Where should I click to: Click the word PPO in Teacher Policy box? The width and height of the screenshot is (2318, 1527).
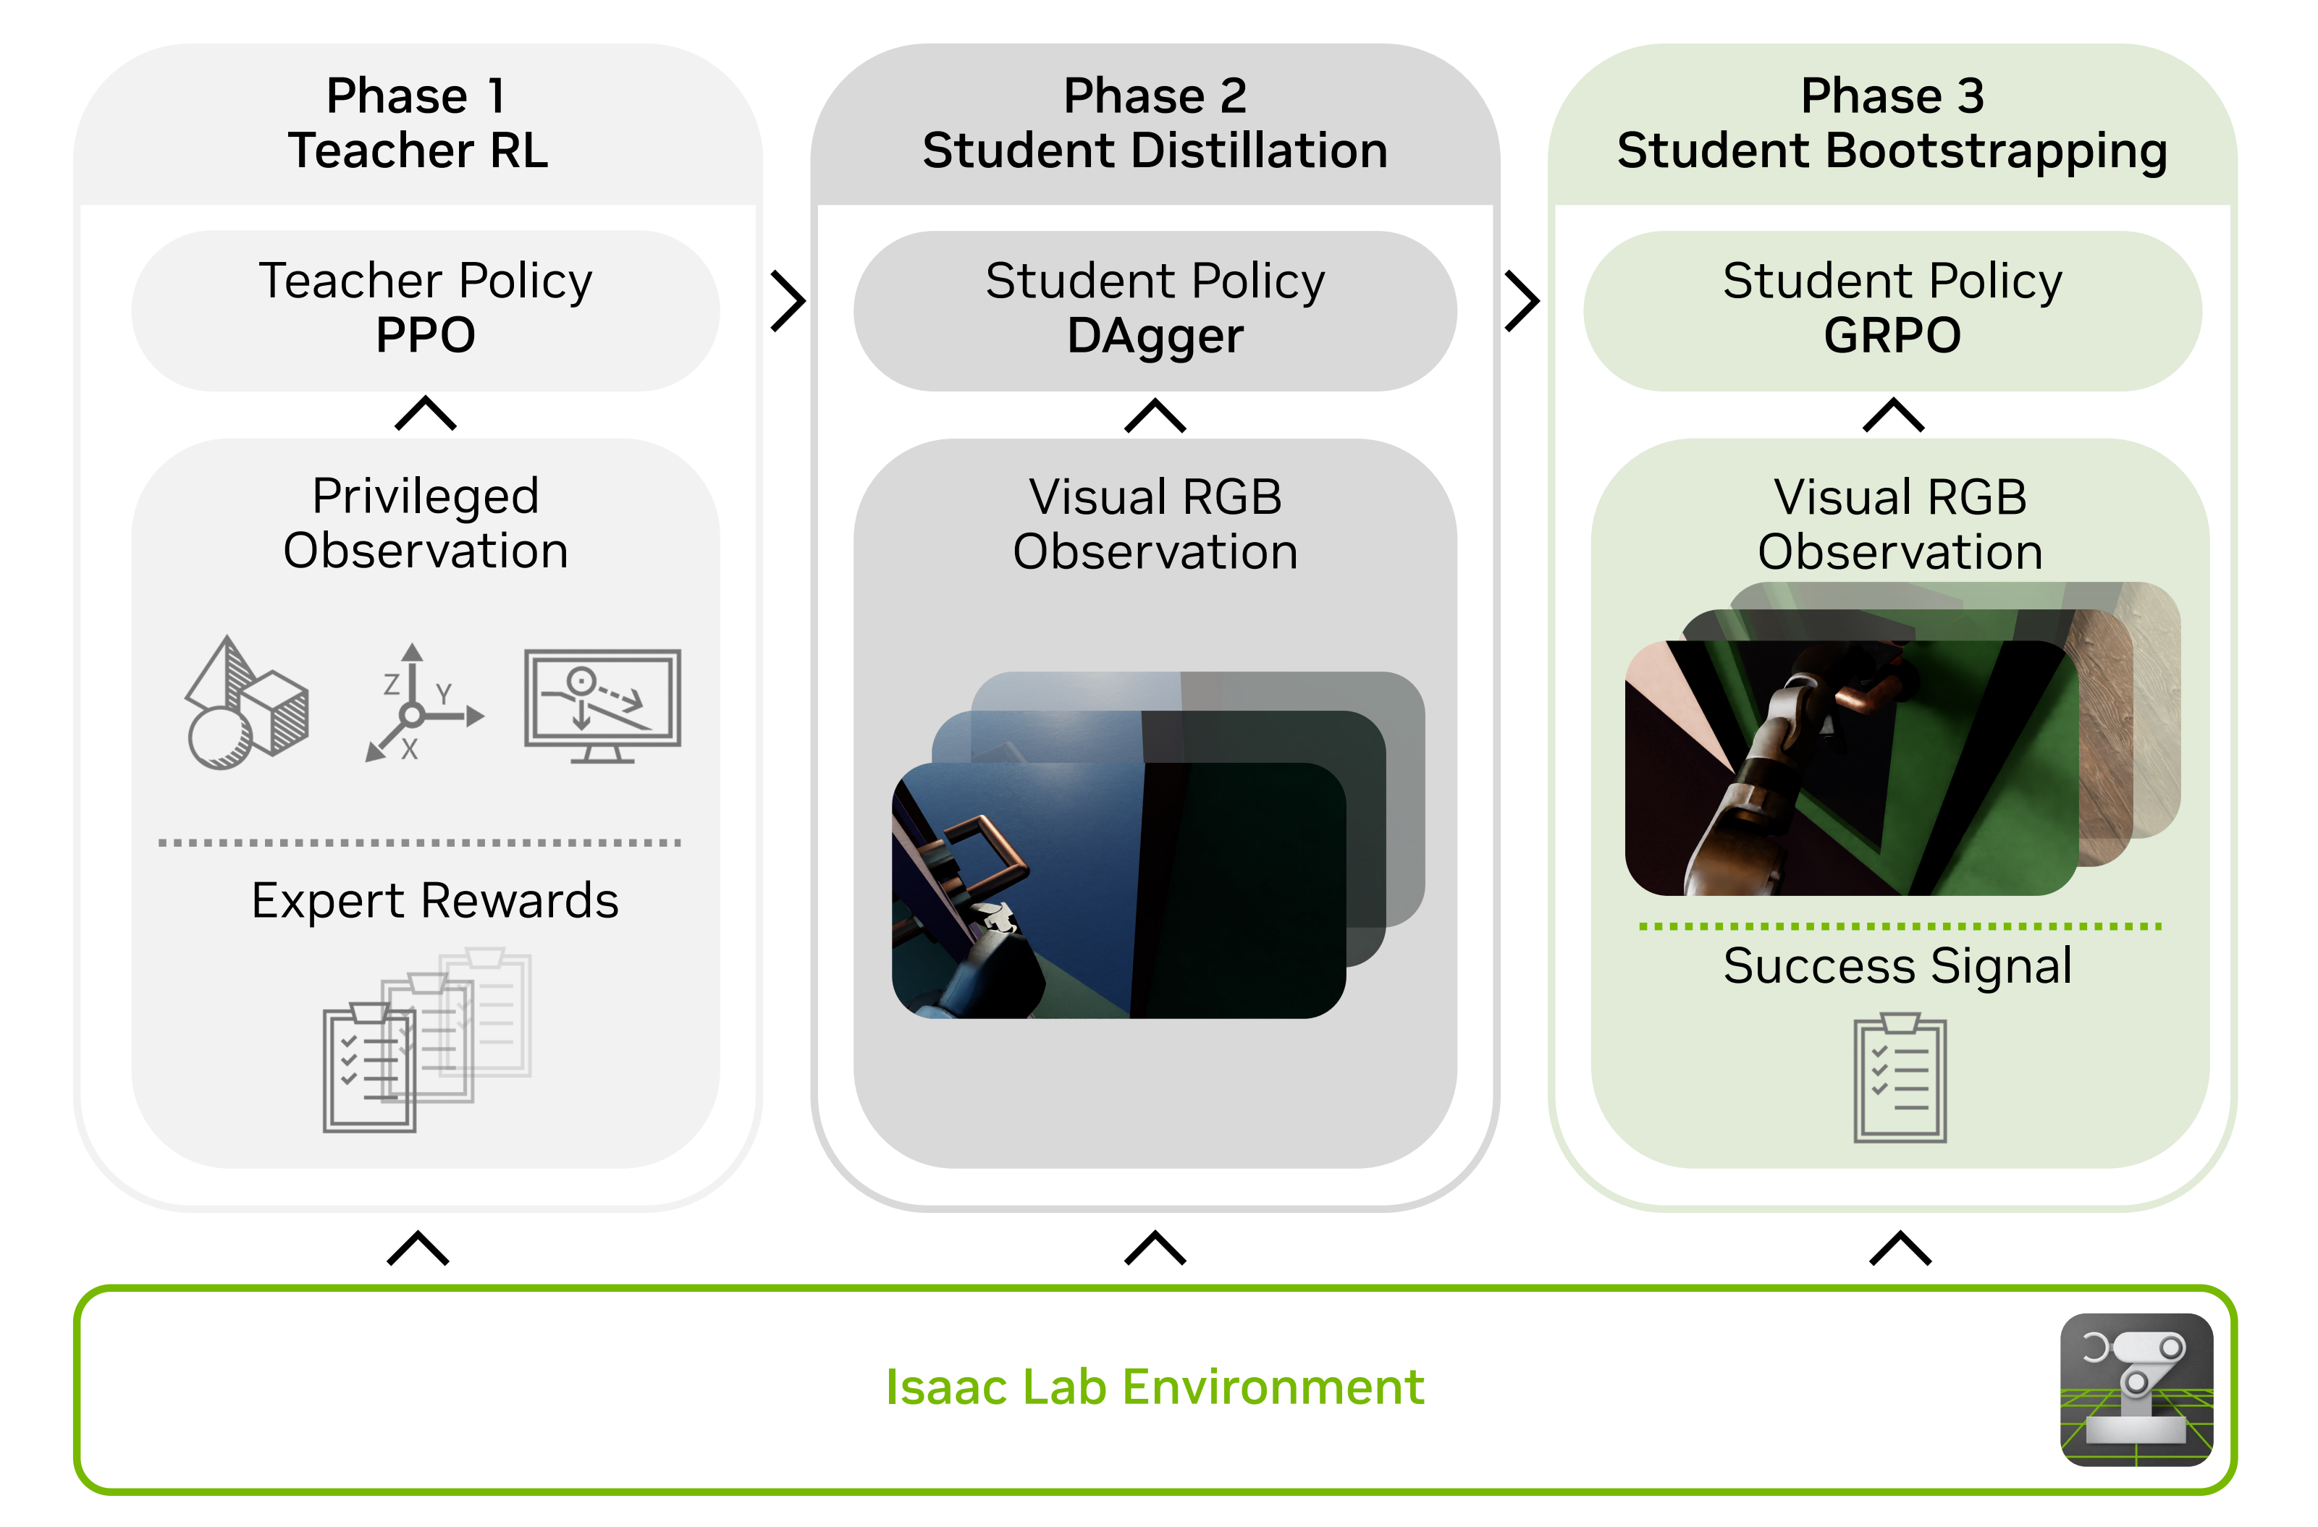426,335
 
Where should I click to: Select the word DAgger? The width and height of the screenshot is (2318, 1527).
1155,336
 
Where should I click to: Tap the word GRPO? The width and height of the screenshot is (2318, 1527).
1892,335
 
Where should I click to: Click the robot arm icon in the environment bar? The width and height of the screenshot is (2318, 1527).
2136,1389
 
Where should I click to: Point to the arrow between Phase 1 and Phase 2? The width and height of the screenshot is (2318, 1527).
787,301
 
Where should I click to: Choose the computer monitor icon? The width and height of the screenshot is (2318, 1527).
602,705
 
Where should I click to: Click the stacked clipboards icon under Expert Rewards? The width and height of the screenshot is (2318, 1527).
426,1039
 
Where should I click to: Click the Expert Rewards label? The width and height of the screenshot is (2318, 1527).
434,900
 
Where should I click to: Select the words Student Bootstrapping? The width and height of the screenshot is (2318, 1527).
1892,151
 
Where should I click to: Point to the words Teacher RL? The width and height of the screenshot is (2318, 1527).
418,151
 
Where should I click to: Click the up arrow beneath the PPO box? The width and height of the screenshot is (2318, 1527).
426,414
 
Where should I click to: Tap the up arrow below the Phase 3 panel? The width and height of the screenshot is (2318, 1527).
1899,1248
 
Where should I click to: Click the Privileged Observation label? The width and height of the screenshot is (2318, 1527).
426,523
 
